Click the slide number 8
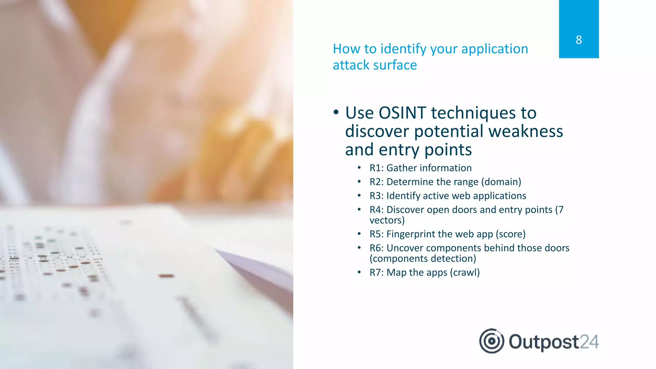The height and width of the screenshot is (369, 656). click(578, 40)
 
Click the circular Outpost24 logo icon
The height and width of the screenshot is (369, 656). click(492, 341)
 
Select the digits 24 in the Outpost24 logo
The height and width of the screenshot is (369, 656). click(589, 342)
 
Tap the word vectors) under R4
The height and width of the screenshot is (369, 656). click(387, 220)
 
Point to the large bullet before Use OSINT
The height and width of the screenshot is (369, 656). click(336, 112)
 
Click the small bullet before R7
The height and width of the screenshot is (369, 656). click(359, 273)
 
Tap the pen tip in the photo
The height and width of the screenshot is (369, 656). click(218, 250)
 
